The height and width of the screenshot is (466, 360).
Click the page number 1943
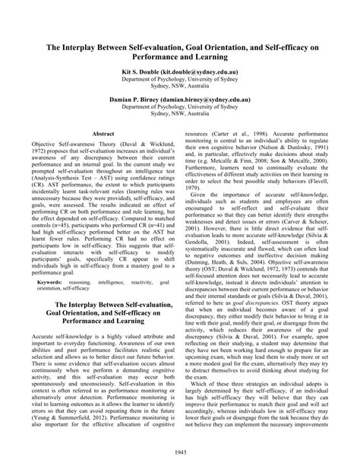180,454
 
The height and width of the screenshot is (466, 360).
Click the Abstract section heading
102,133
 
